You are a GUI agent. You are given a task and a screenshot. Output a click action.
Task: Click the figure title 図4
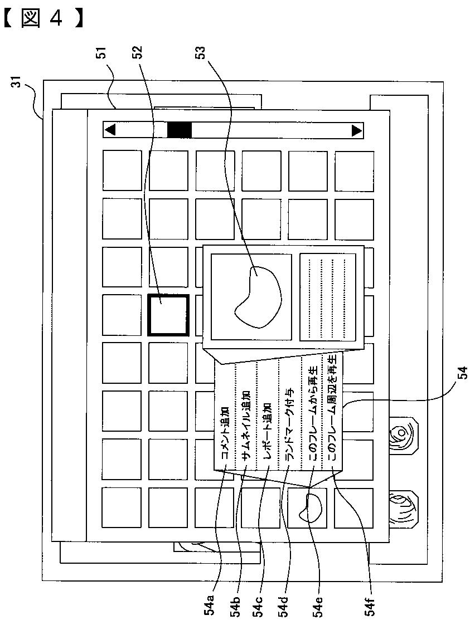pos(43,19)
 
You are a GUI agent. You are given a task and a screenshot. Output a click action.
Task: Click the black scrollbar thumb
pos(180,130)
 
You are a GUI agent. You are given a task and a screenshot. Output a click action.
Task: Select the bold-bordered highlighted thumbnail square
pos(168,315)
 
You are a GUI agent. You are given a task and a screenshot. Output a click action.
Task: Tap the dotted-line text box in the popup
pos(327,296)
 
